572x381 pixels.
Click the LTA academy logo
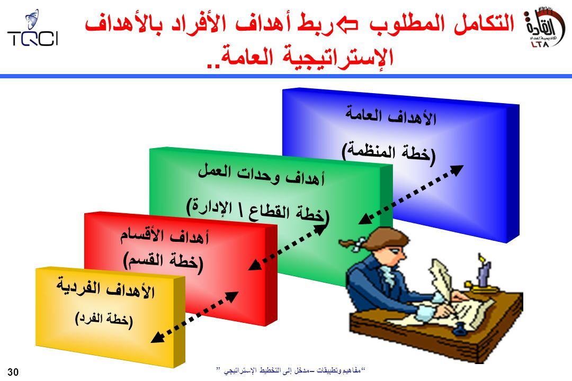click(x=544, y=28)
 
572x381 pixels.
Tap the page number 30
click(x=13, y=372)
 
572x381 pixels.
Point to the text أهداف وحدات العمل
click(x=261, y=174)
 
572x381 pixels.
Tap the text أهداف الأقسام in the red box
click(x=165, y=236)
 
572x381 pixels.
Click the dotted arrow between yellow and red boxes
click(x=194, y=317)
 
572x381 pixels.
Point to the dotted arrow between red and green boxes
click(x=287, y=248)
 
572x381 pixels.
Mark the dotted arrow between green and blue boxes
click(x=411, y=194)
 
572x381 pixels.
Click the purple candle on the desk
click(x=484, y=271)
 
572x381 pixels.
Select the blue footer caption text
click(x=291, y=370)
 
